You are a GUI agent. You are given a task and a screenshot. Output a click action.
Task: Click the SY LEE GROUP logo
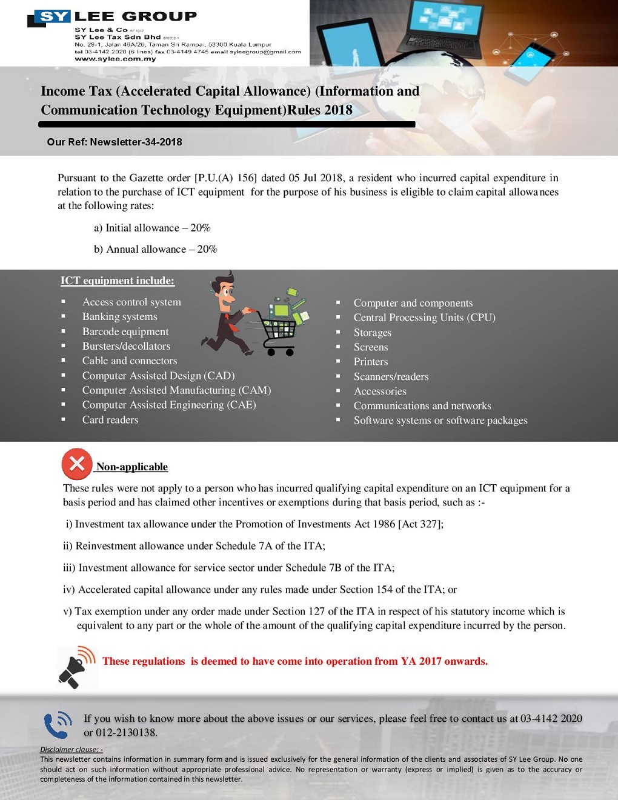coord(113,18)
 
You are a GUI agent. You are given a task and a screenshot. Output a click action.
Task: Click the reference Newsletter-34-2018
coord(136,142)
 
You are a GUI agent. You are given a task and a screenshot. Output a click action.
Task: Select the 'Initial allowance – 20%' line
coord(152,228)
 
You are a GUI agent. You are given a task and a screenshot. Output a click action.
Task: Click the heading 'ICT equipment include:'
coord(118,281)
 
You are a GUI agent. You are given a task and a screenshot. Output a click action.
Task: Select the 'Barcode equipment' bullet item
coord(125,332)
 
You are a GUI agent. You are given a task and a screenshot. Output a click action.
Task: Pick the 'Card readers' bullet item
coord(110,419)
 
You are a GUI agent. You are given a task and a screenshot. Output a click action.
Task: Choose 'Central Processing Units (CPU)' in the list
coord(424,318)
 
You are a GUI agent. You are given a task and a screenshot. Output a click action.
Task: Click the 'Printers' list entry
coord(371,362)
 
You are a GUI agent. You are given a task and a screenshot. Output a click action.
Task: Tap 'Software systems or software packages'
coord(440,421)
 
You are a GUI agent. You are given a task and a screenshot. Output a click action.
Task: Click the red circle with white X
coord(77,464)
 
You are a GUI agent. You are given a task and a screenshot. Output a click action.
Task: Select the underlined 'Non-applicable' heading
coord(132,467)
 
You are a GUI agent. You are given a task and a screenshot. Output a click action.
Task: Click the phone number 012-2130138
coord(126,733)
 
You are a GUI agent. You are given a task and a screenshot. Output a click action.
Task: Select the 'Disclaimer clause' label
coord(71,750)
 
